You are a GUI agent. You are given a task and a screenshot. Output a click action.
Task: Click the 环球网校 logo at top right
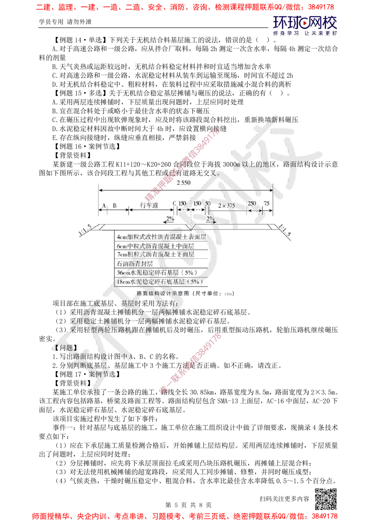coord(305,25)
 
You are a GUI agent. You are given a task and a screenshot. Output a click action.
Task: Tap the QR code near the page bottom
coord(326,499)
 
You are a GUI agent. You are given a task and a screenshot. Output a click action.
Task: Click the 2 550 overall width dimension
coord(184,183)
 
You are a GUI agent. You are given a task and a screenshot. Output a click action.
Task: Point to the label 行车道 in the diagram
coord(149,205)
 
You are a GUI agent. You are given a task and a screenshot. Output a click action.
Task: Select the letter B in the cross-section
coord(114,205)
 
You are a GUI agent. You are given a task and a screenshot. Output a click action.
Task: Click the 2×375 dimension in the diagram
coord(226,205)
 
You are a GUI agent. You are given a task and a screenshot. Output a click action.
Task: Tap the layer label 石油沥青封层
coord(135,264)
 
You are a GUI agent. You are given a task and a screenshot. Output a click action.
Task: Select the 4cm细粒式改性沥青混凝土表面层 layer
coord(161,237)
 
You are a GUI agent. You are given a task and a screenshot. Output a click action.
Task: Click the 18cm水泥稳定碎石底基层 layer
coord(159,282)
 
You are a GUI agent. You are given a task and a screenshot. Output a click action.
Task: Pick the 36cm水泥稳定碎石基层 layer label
coord(157,272)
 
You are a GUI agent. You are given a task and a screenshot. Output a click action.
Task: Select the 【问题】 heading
coord(65,348)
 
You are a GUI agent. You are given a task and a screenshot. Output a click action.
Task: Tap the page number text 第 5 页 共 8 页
coord(188,505)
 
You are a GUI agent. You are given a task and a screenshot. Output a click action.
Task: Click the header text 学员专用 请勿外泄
coord(65,22)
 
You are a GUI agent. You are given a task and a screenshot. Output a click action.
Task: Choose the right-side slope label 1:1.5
coord(285,231)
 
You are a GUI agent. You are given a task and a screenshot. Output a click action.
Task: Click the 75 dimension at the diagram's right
coord(266,203)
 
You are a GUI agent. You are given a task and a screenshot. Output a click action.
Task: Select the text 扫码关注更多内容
coord(284,499)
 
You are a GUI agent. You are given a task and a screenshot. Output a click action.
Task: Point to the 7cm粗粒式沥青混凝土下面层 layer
coord(155,254)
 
